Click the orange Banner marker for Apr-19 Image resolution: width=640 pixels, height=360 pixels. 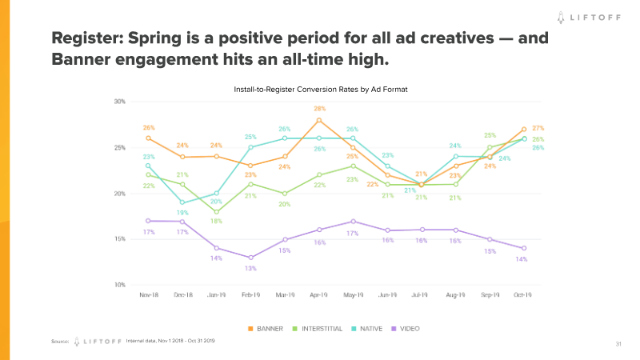tap(319, 120)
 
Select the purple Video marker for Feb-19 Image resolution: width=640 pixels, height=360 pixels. tap(250, 258)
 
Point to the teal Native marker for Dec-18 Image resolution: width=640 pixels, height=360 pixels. tap(182, 203)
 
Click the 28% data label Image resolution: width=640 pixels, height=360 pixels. tap(319, 109)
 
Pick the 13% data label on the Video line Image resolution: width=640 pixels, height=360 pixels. tap(250, 268)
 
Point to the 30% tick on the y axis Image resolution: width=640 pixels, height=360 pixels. tap(120, 102)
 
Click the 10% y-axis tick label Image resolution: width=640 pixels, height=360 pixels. tap(120, 285)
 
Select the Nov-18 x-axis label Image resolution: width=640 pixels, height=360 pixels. tap(148, 296)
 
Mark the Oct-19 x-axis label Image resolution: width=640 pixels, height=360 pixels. tap(524, 296)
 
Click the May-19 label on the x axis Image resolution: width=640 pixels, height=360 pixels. tap(353, 296)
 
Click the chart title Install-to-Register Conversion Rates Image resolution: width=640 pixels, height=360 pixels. tap(320, 89)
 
